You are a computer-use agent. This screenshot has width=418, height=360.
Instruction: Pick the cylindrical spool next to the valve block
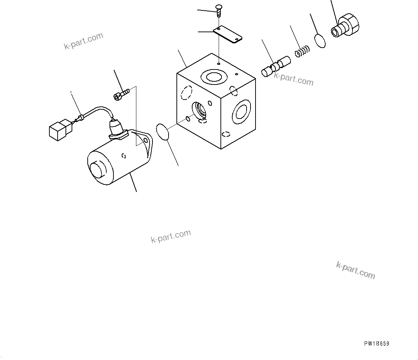pos(276,66)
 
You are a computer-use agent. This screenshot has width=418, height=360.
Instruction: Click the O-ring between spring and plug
pos(321,41)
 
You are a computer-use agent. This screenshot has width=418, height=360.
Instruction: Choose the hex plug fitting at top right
pos(345,26)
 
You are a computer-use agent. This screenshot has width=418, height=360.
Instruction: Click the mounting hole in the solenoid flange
pos(145,141)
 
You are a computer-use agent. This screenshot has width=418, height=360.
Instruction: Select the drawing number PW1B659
pos(376,344)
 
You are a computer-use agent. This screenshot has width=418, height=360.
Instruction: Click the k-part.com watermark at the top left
pos(84,41)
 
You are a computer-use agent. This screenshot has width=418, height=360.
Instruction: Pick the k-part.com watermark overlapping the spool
pos(293,79)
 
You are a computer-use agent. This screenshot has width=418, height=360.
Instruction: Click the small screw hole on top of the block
pos(218,64)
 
